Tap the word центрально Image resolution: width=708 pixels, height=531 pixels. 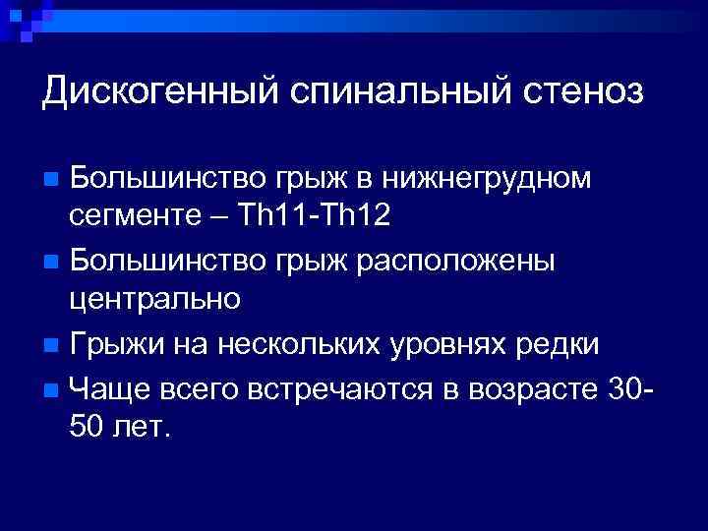(x=154, y=298)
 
